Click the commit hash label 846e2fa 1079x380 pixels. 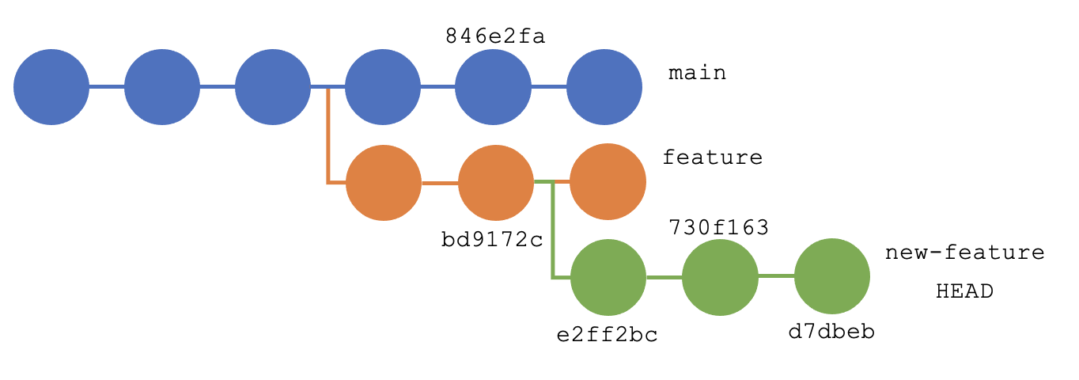tap(495, 36)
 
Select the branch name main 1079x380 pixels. tap(697, 74)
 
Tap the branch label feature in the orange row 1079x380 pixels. tap(712, 158)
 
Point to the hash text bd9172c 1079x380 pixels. tap(492, 239)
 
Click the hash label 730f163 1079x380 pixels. tap(718, 228)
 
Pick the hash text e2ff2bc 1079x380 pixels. tap(608, 335)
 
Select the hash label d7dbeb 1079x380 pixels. tap(831, 332)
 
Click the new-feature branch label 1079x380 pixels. tap(964, 253)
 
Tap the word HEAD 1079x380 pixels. tap(964, 291)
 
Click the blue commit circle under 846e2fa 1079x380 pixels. tap(493, 87)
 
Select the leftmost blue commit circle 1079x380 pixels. tap(51, 87)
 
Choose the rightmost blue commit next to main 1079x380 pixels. tap(604, 87)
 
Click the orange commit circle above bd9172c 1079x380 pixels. tap(496, 183)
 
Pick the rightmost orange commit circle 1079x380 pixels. tap(608, 181)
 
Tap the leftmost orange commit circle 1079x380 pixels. tap(384, 183)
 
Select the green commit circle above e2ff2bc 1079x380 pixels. tap(608, 277)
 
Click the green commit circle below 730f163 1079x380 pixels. tap(720, 277)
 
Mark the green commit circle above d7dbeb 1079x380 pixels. tap(832, 276)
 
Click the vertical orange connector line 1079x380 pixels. tap(328, 135)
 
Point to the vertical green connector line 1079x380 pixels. tap(552, 230)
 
